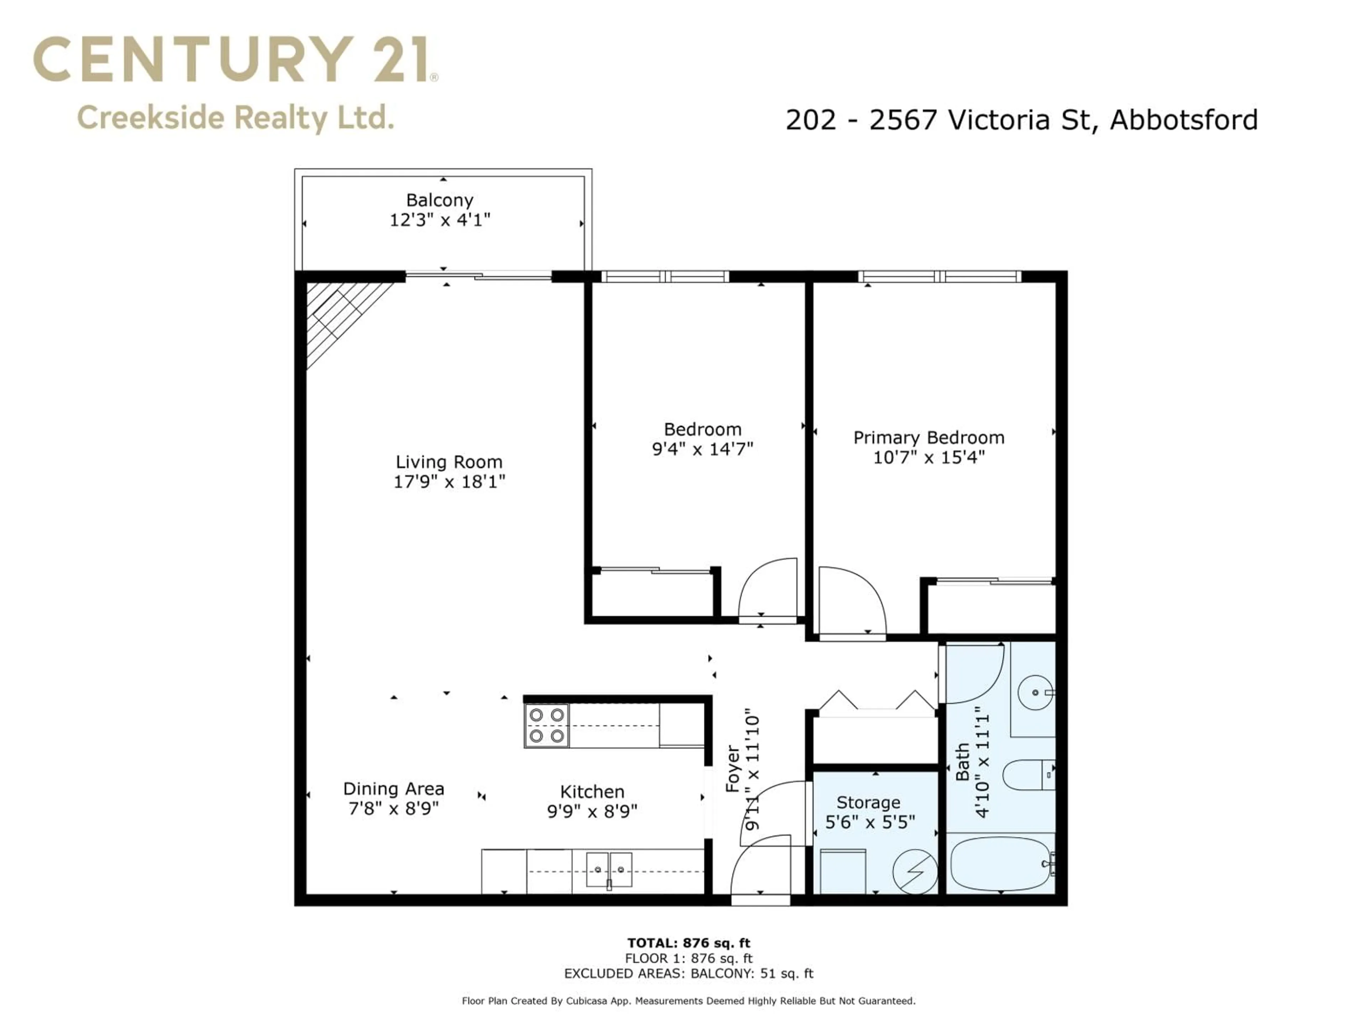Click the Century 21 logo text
(235, 59)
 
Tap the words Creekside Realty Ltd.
(235, 117)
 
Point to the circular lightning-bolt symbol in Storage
(915, 872)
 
